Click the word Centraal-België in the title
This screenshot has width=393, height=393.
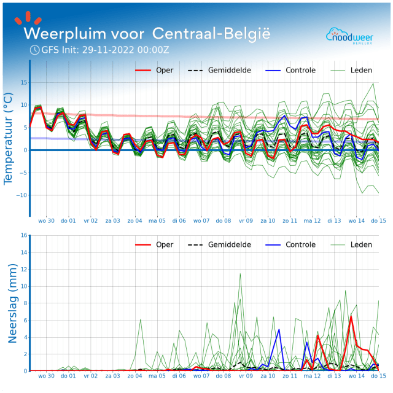point(210,33)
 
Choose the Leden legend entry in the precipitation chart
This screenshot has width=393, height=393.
point(360,244)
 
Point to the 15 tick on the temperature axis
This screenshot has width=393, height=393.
point(24,82)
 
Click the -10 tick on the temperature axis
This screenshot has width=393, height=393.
point(23,195)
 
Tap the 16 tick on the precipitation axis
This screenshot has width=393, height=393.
point(24,235)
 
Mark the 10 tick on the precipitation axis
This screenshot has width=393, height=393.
point(24,286)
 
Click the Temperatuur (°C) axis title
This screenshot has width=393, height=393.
point(9,138)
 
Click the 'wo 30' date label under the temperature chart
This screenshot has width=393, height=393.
point(47,220)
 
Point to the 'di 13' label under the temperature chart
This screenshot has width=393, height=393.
point(334,220)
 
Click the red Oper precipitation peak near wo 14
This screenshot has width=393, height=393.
point(351,316)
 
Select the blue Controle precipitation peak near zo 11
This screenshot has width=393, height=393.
point(279,330)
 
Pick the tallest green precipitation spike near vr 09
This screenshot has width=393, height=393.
point(240,274)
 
